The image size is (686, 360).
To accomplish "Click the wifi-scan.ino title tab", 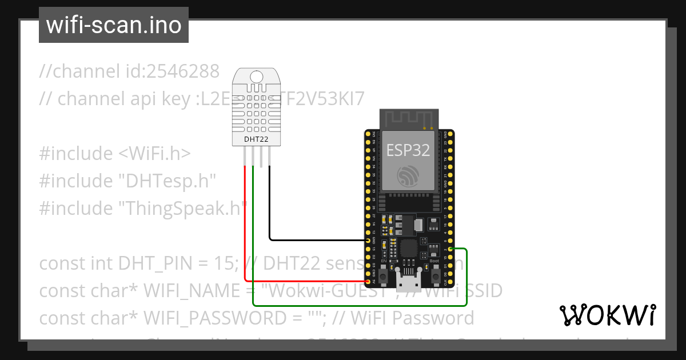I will [113, 25].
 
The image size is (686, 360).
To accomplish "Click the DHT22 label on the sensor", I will [256, 138].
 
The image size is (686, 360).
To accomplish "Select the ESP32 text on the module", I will [408, 150].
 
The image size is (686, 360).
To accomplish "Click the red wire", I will [245, 229].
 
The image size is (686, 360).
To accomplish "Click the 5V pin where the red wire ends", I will [368, 281].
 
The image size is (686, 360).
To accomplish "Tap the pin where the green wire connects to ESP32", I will [450, 249].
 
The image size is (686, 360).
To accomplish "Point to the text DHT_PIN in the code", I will [150, 263].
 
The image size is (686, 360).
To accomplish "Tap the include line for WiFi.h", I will [115, 154].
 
